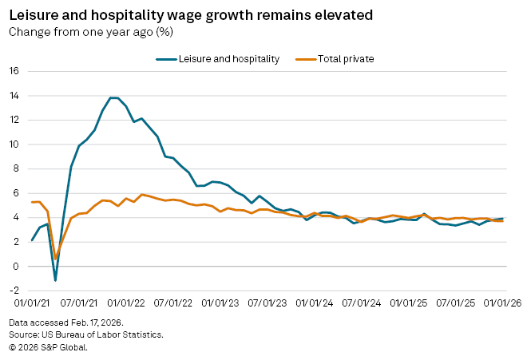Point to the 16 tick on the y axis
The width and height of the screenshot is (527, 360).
14,71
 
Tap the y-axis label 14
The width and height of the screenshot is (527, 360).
14,96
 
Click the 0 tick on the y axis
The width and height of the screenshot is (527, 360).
16,267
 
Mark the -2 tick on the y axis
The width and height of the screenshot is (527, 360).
14,291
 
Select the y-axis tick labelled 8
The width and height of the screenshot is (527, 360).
16,168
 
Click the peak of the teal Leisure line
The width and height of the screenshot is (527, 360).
113,97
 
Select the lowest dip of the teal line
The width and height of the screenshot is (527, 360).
55,280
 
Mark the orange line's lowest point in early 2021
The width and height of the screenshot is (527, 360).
55,258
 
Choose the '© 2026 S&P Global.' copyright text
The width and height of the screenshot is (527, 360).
48,346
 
